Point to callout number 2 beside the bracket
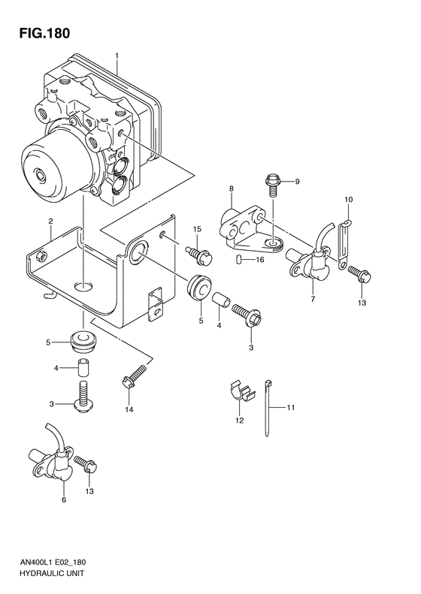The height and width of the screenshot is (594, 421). [x=50, y=221]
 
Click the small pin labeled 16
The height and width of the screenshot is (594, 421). [x=239, y=260]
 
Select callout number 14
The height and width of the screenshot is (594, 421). [x=129, y=409]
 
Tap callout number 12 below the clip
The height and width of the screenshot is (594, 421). [x=240, y=421]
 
